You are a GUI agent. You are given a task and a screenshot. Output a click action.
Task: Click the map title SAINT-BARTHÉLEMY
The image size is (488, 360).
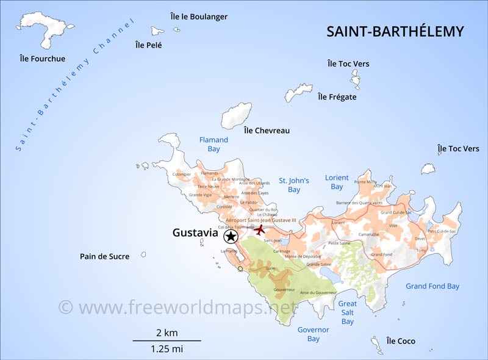(395, 32)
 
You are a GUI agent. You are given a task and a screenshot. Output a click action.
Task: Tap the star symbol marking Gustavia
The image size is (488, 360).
(231, 236)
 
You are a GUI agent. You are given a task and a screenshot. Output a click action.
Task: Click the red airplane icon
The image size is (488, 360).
(260, 230)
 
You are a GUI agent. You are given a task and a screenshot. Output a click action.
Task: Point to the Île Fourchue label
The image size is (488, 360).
(42, 59)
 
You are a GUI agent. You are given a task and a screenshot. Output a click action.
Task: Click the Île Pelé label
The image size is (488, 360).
(149, 45)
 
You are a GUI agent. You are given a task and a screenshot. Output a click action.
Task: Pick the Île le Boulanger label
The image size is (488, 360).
(199, 16)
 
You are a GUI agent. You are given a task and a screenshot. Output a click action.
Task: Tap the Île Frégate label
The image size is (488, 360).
(337, 96)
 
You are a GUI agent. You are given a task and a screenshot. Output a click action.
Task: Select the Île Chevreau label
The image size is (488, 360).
(267, 130)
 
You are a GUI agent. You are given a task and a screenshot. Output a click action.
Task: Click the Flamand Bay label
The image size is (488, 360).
(213, 144)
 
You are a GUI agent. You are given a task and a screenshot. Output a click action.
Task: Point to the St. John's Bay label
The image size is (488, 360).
(294, 185)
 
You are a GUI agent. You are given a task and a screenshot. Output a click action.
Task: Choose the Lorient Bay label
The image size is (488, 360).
(337, 182)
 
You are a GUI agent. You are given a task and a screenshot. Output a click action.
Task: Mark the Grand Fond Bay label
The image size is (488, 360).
(432, 286)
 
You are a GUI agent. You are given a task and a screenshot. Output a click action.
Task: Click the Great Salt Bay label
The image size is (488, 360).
(348, 312)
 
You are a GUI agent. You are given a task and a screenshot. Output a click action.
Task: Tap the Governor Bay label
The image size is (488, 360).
(314, 334)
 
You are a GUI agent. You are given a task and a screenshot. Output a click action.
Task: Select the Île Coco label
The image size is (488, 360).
(401, 341)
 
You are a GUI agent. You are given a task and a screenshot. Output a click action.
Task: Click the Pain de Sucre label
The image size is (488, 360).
(104, 256)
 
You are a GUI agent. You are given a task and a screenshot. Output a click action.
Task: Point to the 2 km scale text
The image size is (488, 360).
(167, 333)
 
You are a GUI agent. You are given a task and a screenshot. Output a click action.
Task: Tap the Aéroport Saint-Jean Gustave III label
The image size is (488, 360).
(260, 220)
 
